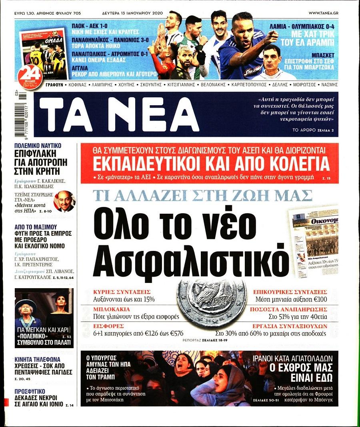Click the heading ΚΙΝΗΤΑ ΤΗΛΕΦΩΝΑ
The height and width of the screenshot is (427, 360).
pyautogui.click(x=37, y=359)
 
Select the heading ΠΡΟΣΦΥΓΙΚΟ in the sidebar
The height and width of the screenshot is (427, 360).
pyautogui.click(x=30, y=391)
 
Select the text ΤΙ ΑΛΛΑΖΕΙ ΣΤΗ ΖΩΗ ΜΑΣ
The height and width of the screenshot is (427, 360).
pyautogui.click(x=202, y=196)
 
